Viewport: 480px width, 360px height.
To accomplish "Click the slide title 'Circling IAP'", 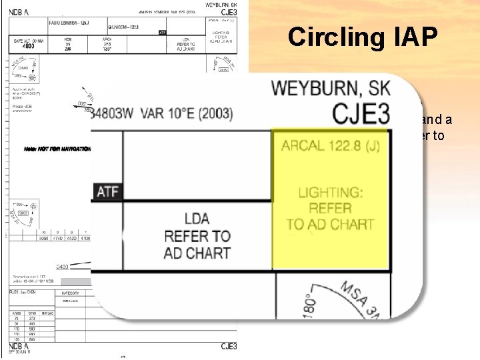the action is pyautogui.click(x=363, y=37).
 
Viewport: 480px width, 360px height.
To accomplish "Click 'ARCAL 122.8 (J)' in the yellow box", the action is pyautogui.click(x=330, y=145).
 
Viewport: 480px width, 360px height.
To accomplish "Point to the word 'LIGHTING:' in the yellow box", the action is pyautogui.click(x=331, y=193).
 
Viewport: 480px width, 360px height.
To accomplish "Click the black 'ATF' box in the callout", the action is pyautogui.click(x=107, y=192).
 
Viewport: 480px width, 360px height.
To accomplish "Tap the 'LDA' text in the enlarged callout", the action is pyautogui.click(x=197, y=219).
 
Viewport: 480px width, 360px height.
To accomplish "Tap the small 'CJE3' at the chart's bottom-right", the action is pyautogui.click(x=229, y=346).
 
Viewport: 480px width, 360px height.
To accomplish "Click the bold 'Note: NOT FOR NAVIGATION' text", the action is pyautogui.click(x=57, y=149).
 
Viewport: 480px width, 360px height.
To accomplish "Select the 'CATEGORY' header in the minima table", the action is pyautogui.click(x=71, y=293).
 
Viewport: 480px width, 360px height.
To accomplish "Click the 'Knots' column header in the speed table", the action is pyautogui.click(x=19, y=313).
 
